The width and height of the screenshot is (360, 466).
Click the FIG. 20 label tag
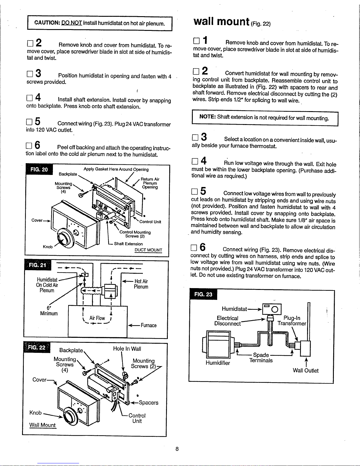click(x=39, y=169)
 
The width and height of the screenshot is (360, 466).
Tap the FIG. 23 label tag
click(x=203, y=294)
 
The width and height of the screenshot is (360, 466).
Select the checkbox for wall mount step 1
click(x=196, y=41)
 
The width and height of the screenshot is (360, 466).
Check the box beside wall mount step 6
click(x=194, y=248)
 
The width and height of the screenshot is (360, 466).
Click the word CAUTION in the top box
click(x=47, y=23)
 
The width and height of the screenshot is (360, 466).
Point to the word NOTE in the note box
click(x=207, y=116)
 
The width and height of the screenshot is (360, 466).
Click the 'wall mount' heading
click(x=221, y=21)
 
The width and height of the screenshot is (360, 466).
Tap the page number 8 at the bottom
click(x=177, y=449)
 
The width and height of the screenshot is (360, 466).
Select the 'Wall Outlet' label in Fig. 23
click(x=306, y=370)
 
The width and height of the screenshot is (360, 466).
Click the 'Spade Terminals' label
click(x=261, y=358)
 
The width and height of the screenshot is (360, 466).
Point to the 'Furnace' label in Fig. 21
click(x=148, y=325)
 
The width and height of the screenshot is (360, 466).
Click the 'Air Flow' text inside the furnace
click(x=97, y=318)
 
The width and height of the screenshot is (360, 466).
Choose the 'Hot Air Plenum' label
click(x=141, y=284)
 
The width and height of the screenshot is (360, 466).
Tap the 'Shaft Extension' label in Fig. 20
click(x=128, y=244)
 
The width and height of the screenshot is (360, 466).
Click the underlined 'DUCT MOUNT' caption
click(x=148, y=250)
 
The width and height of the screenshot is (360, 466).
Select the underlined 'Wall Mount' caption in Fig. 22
click(x=42, y=425)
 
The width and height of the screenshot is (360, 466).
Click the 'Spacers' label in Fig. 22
click(x=148, y=402)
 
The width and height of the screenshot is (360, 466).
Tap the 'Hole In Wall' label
click(x=127, y=349)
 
